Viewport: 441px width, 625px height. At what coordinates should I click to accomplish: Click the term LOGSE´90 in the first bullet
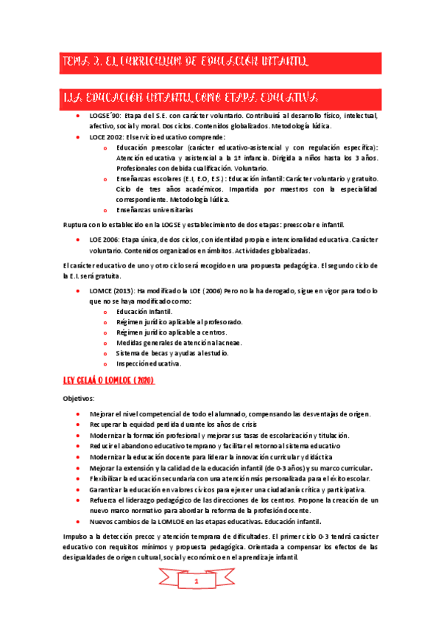click(103, 116)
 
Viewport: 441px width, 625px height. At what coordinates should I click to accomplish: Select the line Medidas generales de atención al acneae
click(179, 343)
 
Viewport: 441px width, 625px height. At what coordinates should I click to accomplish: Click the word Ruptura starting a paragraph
click(75, 224)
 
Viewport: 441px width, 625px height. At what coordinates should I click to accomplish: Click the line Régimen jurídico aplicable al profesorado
click(179, 322)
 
